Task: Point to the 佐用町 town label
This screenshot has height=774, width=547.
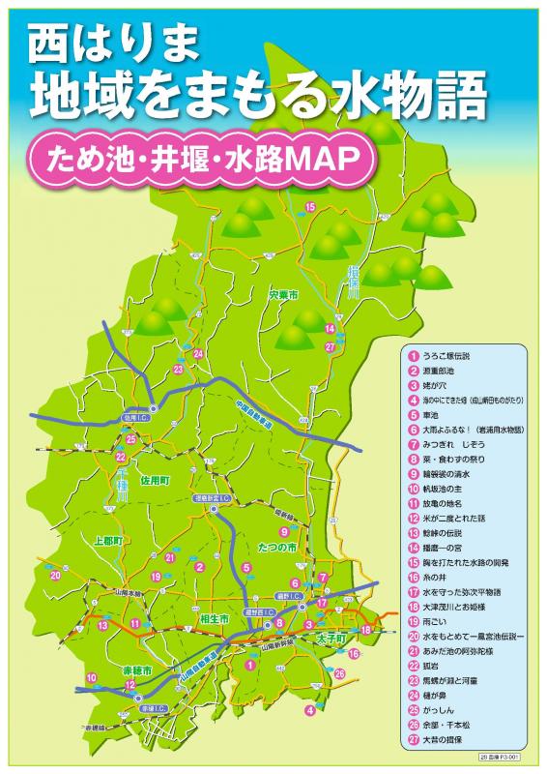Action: coord(155,480)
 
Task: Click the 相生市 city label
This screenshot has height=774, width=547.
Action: coord(217,616)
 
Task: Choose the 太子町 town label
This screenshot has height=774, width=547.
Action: coord(331,639)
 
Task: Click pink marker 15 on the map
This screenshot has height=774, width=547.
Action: coord(310,207)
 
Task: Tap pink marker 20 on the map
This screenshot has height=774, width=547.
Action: coord(55,575)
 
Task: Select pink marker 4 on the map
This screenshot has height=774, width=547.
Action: coord(309,709)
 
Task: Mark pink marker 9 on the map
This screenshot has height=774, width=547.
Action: coord(284,531)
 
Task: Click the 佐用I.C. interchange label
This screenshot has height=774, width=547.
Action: coord(132,418)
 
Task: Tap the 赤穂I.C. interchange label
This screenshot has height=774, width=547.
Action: coord(153,709)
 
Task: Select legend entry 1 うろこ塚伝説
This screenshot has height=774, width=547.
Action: coord(450,355)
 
